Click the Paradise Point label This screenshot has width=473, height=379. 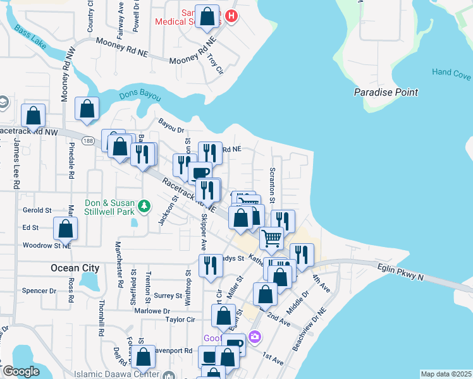(385, 92)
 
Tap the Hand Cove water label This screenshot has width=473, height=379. (451, 72)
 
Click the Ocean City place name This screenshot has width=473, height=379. (75, 268)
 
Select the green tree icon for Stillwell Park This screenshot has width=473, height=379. (145, 206)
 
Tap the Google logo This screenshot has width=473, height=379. (20, 371)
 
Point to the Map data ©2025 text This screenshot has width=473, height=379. (446, 374)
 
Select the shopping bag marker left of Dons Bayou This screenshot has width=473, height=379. (87, 109)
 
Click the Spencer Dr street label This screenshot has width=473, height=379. (39, 291)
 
